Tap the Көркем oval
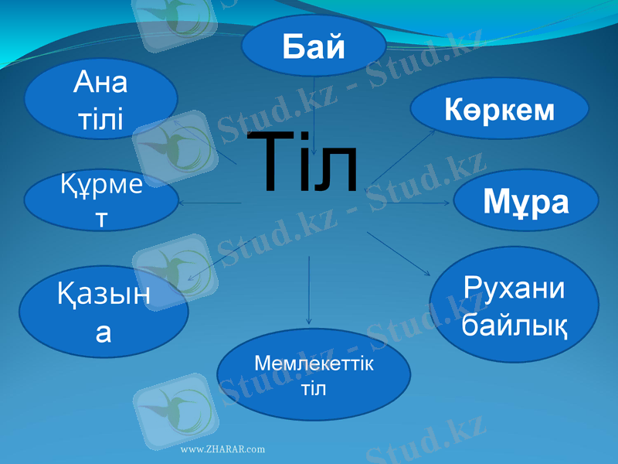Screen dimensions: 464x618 [499, 111]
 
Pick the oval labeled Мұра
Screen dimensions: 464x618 [525, 202]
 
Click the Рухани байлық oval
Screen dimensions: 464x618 [514, 305]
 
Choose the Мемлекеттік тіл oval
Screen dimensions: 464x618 [313, 374]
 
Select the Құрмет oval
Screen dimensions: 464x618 [100, 201]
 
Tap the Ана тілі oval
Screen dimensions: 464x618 [100, 99]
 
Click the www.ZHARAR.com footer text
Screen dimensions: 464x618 [222, 449]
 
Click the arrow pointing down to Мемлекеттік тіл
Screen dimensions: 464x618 [309, 290]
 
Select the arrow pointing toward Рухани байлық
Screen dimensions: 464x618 [398, 253]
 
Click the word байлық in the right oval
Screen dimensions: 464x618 [514, 326]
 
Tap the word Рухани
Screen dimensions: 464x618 [514, 288]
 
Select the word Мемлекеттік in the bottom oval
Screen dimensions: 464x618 [313, 363]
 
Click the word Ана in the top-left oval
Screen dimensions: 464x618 [100, 81]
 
